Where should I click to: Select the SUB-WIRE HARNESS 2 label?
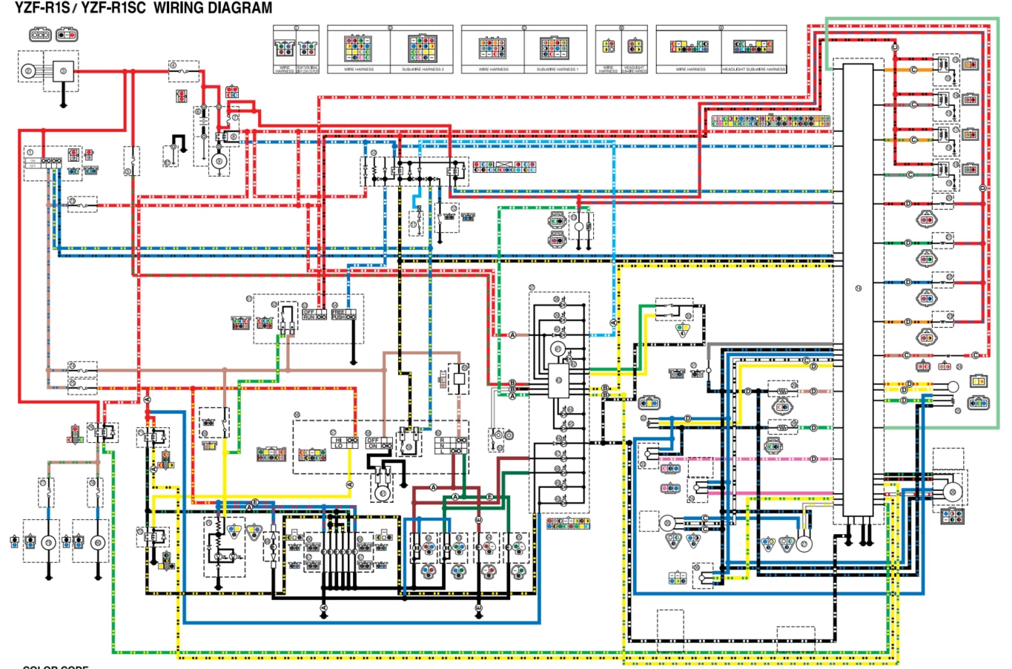pos(423,69)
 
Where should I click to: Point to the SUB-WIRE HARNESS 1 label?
pos(557,69)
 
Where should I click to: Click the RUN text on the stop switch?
pos(310,317)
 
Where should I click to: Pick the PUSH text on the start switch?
pos(339,317)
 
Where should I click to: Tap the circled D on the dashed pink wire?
pos(813,459)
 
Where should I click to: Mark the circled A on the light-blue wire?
pos(613,323)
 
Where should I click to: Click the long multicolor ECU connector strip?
pos(772,120)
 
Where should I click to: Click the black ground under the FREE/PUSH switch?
pos(354,363)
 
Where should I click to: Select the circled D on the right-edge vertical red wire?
pos(983,189)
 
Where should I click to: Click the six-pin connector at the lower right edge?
pos(953,516)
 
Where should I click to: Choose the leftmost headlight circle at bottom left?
pos(47,543)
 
